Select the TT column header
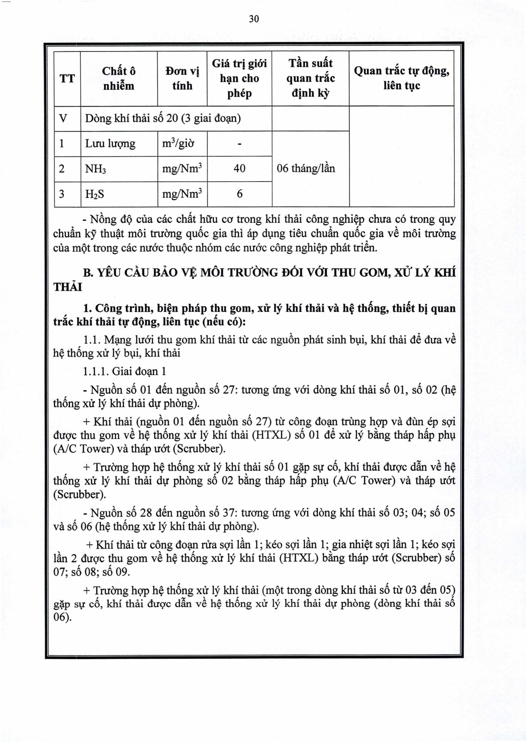click(x=67, y=78)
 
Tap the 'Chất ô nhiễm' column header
click(x=118, y=78)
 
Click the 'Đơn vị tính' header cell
click(x=182, y=78)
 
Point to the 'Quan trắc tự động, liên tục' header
click(x=401, y=78)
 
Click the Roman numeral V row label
click(x=63, y=118)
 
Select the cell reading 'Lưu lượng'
click(x=110, y=144)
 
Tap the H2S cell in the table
click(x=95, y=194)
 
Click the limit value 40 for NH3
click(x=239, y=168)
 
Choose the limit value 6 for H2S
click(x=239, y=194)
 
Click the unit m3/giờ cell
click(x=178, y=143)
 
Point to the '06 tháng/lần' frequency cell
click(x=306, y=168)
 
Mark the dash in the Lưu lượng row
click(x=239, y=144)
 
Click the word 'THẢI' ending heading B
click(x=68, y=287)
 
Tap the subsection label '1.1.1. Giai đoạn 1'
click(x=125, y=371)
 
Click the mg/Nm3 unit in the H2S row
click(x=182, y=194)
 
